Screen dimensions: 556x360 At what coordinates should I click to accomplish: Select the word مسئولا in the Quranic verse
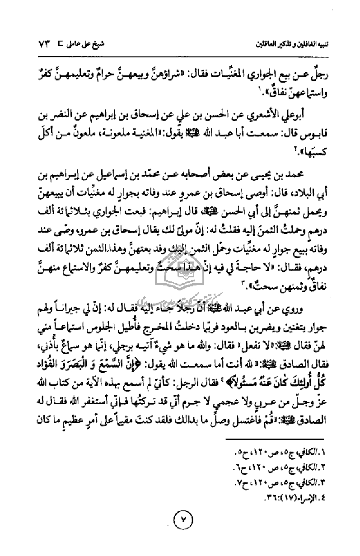tap(230, 336)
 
